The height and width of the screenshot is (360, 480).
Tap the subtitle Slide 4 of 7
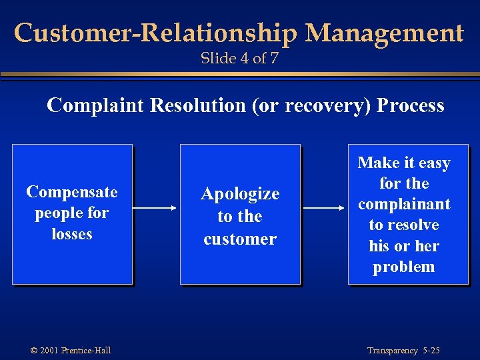point(239,59)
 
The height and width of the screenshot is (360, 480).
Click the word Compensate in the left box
point(71,192)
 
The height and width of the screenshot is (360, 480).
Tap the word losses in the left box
point(71,234)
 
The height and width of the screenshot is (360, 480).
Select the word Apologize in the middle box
point(240,194)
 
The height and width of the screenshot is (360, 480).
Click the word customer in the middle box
point(240,239)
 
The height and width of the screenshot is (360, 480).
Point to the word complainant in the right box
point(404,204)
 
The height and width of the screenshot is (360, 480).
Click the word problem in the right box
point(404,267)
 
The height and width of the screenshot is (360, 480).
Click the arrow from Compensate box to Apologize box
point(156,208)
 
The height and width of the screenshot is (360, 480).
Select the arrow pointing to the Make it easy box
point(324,208)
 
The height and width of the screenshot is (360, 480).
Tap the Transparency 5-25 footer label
point(404,351)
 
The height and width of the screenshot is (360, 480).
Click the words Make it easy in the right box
point(404,163)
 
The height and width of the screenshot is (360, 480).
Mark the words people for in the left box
point(71,213)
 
